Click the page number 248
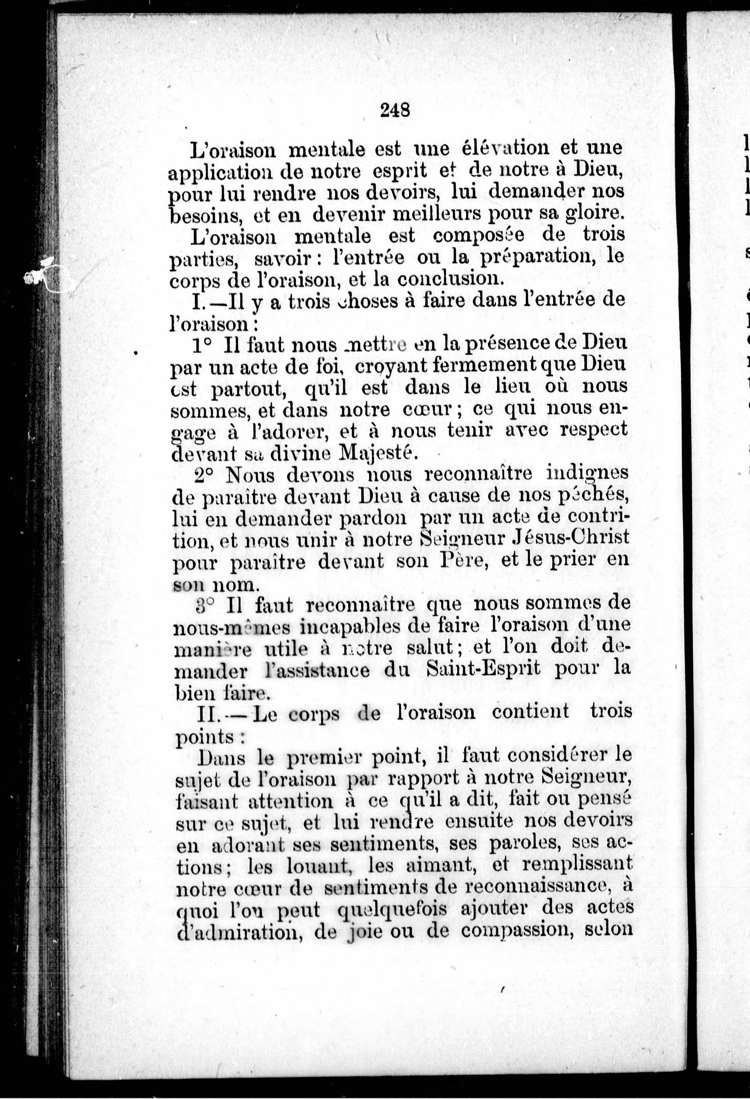click(x=394, y=110)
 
